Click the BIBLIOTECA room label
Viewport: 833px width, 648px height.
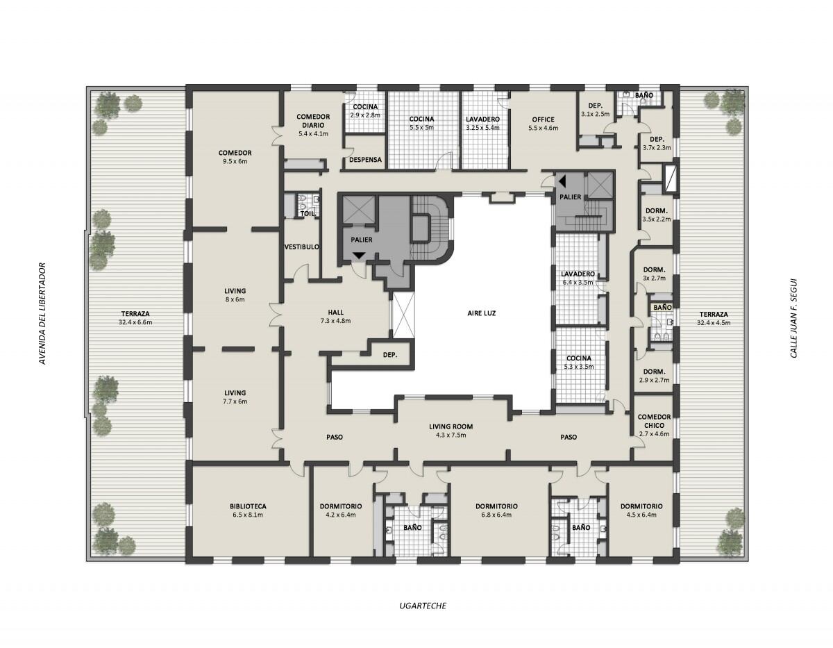(x=248, y=506)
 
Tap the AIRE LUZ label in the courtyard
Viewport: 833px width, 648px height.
(x=482, y=313)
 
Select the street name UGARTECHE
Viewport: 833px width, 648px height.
(x=423, y=606)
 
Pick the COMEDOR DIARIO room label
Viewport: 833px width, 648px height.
(x=312, y=121)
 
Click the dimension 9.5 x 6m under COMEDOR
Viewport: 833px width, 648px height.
(x=235, y=161)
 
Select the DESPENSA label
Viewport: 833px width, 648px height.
(x=365, y=159)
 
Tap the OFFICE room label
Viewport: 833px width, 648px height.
(x=543, y=119)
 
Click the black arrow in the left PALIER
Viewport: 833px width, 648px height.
(x=358, y=256)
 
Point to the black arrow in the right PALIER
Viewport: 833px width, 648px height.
(x=563, y=181)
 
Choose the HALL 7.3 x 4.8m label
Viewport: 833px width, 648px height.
(x=335, y=317)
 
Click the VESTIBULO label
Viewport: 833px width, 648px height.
(x=302, y=247)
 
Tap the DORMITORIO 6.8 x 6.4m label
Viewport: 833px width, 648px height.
(x=496, y=510)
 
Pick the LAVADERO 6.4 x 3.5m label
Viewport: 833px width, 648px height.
(x=578, y=278)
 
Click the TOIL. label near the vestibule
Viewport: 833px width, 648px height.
(x=306, y=214)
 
